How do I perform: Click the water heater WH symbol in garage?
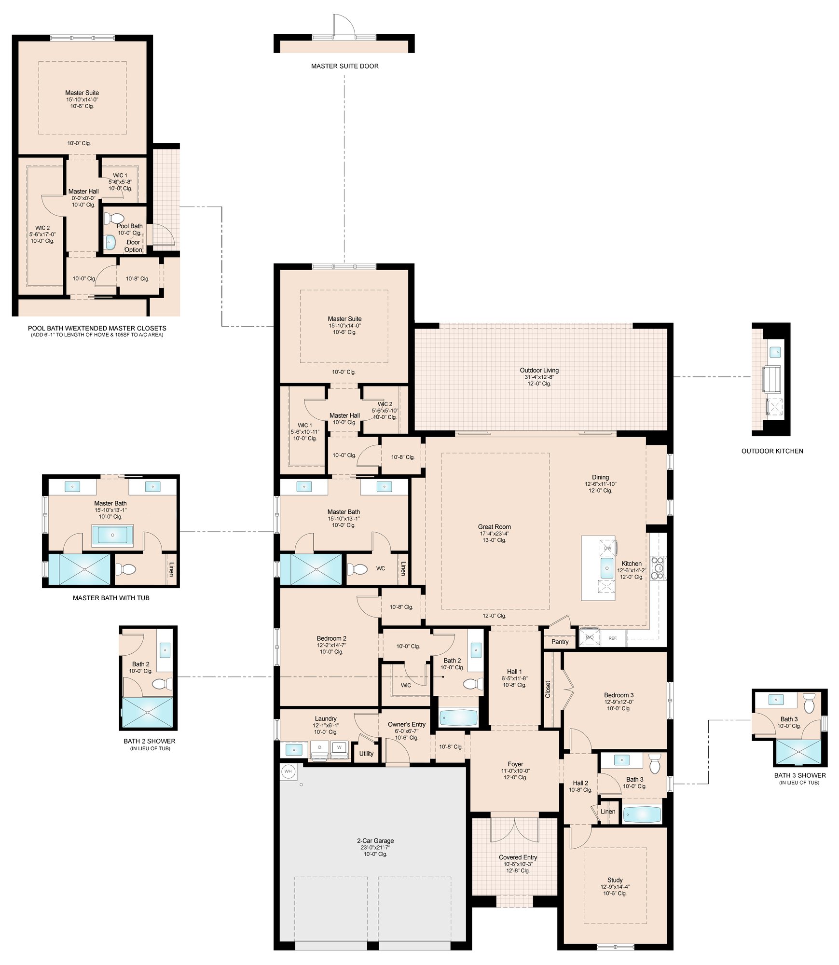tap(288, 772)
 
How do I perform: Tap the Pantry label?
tap(560, 642)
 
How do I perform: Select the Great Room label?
tap(495, 527)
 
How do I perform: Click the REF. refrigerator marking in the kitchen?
tap(613, 638)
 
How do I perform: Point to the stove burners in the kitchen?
tap(658, 567)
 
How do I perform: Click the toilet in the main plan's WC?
tap(359, 569)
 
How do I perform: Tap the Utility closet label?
tap(366, 754)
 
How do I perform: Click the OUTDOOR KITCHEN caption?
tap(772, 451)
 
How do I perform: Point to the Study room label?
tap(615, 880)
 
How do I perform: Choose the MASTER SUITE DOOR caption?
tap(344, 66)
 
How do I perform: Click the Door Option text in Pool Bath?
tap(133, 246)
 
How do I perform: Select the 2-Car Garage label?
tap(375, 841)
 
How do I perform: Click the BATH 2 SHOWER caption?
tap(150, 741)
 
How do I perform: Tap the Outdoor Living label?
tap(539, 371)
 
